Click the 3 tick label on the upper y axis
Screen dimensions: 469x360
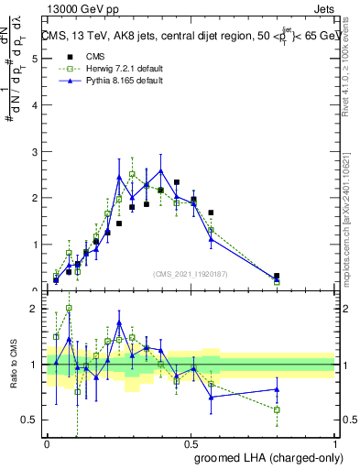pyautogui.click(x=35, y=151)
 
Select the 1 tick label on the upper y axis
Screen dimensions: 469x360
pyautogui.click(x=35, y=245)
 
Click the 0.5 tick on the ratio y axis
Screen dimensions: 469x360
pyautogui.click(x=32, y=420)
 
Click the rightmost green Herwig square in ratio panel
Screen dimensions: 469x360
pyautogui.click(x=277, y=409)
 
